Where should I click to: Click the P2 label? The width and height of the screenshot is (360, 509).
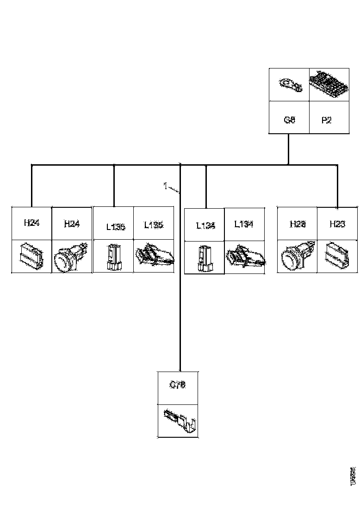(326, 120)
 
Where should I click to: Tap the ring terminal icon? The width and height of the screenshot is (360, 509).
(289, 85)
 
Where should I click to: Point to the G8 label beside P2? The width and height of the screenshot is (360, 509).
(289, 120)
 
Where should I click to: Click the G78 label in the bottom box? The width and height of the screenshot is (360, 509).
(177, 385)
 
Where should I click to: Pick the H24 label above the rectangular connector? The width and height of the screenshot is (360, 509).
(31, 223)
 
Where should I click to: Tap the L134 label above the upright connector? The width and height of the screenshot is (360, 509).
(205, 226)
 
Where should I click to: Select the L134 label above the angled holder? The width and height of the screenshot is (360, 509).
(243, 224)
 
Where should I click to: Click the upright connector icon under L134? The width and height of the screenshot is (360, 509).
(204, 258)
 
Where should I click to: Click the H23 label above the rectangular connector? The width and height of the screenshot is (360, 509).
(337, 224)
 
